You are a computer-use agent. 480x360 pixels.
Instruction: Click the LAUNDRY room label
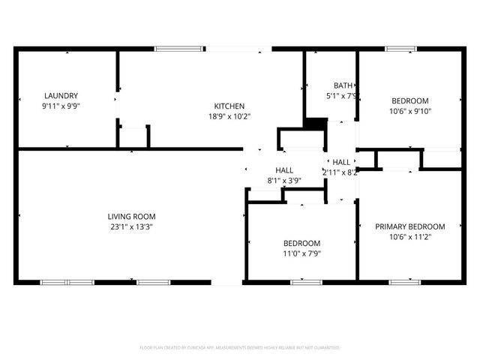[x=61, y=95]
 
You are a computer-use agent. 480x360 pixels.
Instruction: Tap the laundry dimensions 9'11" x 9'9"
[x=61, y=106]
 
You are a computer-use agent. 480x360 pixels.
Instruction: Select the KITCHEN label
[x=229, y=106]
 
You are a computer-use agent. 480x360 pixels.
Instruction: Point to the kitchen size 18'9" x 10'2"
[x=229, y=116]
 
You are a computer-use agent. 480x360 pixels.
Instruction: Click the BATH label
[x=342, y=85]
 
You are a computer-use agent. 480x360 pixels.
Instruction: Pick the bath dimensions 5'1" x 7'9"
[x=341, y=96]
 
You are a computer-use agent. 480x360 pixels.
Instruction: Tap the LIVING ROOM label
[x=131, y=216]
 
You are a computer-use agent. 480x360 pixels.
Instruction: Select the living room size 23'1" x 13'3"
[x=131, y=226]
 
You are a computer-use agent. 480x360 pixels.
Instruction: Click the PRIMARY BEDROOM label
[x=410, y=226]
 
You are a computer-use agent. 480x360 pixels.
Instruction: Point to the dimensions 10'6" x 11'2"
[x=410, y=237]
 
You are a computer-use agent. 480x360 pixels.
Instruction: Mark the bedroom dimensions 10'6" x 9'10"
[x=410, y=112]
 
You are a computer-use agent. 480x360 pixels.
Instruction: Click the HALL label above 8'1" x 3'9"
[x=284, y=170]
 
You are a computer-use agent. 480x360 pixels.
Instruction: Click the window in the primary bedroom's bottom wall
[x=400, y=283]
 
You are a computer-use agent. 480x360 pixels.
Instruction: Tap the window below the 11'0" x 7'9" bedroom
[x=301, y=283]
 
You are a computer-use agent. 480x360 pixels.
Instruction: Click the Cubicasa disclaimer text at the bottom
[x=240, y=348]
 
